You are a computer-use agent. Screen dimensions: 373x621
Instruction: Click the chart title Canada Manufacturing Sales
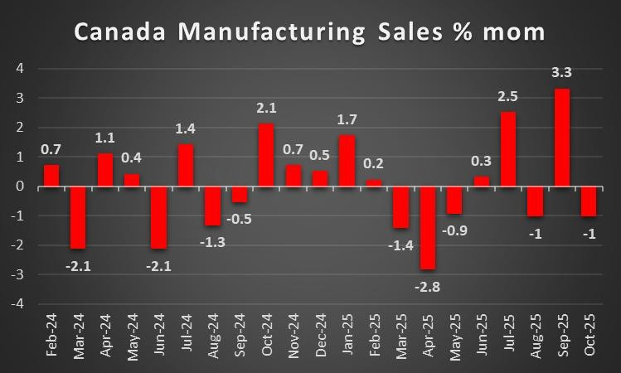(310, 32)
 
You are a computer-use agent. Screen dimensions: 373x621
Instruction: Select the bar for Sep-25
(560, 138)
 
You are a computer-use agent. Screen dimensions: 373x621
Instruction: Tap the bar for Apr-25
(427, 228)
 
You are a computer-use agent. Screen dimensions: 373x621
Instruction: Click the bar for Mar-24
(78, 217)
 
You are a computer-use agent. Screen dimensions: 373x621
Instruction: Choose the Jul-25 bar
(507, 149)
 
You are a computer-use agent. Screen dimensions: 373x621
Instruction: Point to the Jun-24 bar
(158, 217)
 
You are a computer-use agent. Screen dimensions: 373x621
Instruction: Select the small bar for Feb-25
(373, 183)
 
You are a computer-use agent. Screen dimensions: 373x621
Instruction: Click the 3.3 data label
(560, 73)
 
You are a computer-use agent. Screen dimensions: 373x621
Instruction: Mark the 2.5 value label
(507, 97)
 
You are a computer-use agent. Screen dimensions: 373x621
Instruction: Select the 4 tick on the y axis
(21, 69)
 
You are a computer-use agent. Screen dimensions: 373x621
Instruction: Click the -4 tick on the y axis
(18, 304)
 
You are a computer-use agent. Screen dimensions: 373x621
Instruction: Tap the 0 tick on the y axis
(21, 186)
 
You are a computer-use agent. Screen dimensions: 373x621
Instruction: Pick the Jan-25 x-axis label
(347, 340)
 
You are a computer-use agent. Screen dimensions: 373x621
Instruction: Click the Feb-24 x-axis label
(51, 340)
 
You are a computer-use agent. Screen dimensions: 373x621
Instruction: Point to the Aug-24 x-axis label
(212, 340)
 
